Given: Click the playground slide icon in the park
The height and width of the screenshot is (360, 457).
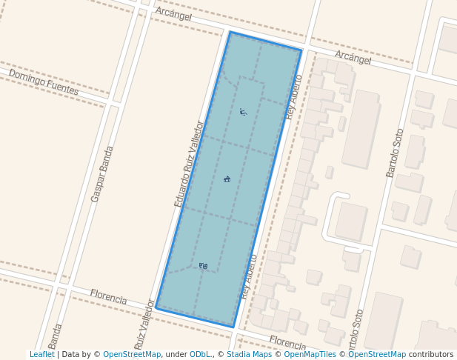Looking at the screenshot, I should pos(243,112).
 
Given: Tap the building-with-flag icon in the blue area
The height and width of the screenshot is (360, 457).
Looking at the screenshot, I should pos(227,179).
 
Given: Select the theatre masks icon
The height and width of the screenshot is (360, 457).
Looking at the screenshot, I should pos(204,265).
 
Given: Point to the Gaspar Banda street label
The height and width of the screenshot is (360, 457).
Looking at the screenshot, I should pos(102,174).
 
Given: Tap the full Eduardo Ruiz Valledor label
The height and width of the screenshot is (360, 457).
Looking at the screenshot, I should pos(188,164).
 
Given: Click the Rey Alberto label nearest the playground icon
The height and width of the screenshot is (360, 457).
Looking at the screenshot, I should pos(294,97).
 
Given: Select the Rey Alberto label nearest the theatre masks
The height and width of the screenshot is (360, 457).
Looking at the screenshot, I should pos(249,276).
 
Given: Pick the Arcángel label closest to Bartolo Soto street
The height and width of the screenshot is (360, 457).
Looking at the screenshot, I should pos(353,58).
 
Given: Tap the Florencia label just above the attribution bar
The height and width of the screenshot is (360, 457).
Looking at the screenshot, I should pos(287,343).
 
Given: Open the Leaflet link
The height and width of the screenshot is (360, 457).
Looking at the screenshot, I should pos(41,354).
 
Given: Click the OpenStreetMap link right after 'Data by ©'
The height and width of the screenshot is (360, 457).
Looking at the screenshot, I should pos(132,354).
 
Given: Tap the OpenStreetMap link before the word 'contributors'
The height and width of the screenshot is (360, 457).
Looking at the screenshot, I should pos(377,354).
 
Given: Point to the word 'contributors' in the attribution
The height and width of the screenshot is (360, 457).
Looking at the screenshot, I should pos(431,354).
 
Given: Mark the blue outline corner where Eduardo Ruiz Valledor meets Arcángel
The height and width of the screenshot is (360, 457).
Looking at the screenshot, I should pos(230,32).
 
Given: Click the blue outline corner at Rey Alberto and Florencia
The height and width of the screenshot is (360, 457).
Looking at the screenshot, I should pos(233,327).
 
